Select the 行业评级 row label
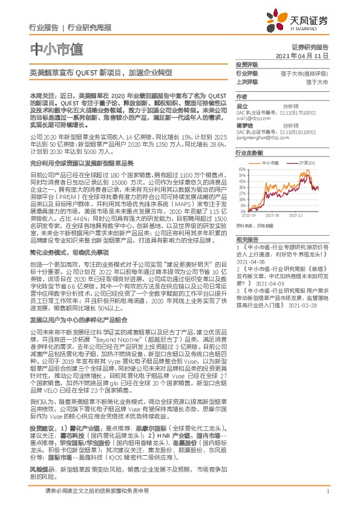(x=246, y=73)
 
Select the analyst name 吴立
(x=241, y=105)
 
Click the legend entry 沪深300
(x=306, y=163)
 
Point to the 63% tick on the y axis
(x=241, y=170)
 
